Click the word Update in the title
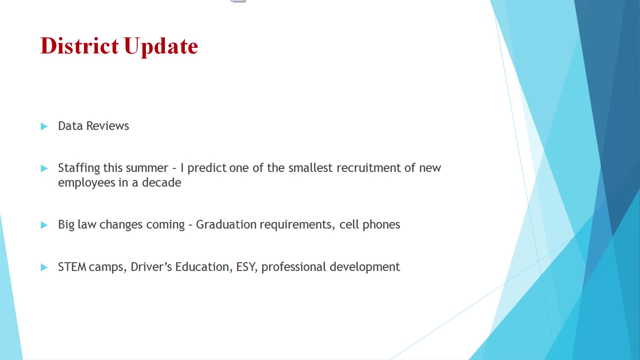coord(161,46)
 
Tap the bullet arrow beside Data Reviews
coord(44,126)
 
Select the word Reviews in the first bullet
coord(107,126)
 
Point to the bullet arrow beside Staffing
coord(44,168)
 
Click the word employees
coord(86,183)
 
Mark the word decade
coord(161,183)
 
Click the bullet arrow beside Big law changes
coord(44,225)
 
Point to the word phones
coord(381,225)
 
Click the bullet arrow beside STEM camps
coord(44,267)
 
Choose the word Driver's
coord(151,267)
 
